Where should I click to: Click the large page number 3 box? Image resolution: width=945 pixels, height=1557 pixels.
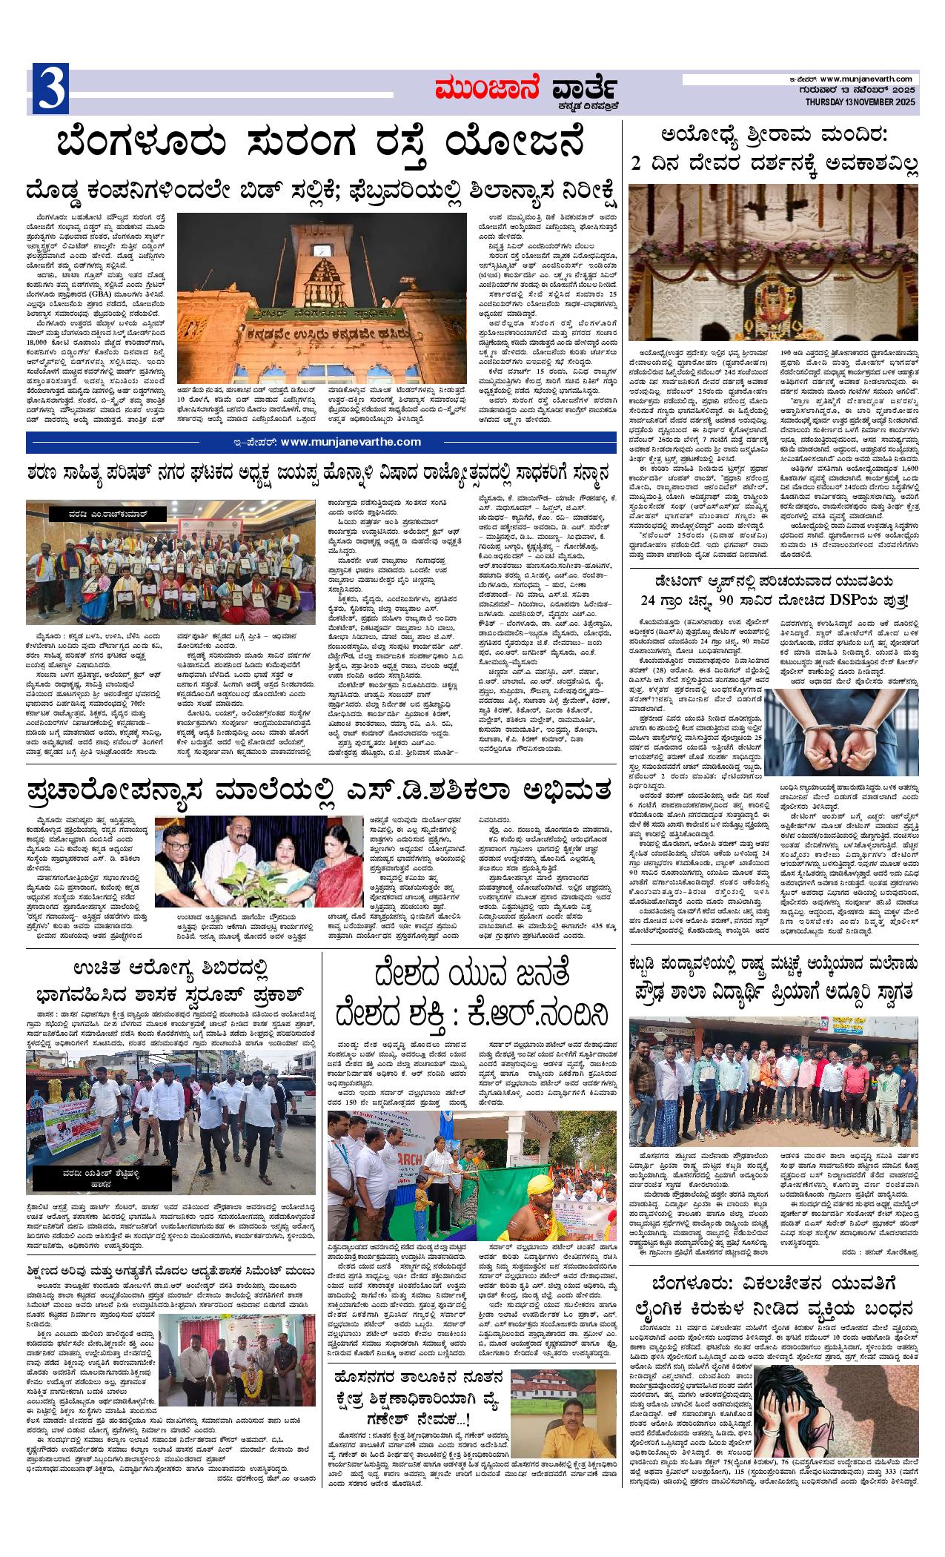tap(50, 90)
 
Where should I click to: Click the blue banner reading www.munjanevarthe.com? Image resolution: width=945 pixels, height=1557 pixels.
tap(321, 442)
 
